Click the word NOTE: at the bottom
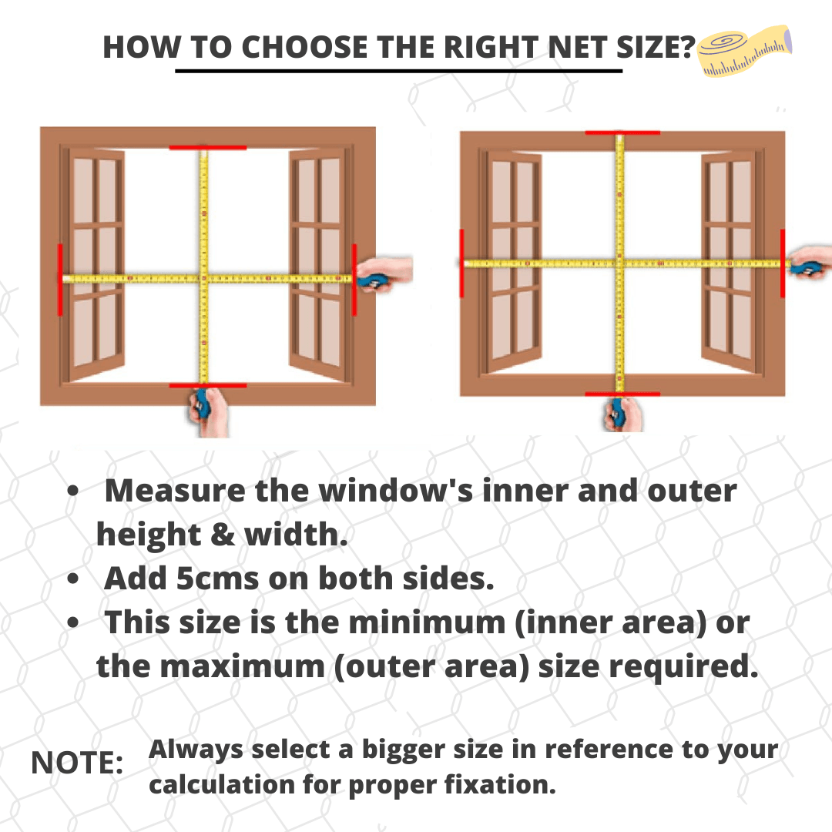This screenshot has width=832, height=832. [77, 763]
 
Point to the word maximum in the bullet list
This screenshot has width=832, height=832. [250, 667]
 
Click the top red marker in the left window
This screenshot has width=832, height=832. [207, 146]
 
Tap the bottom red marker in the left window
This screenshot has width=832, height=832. [207, 385]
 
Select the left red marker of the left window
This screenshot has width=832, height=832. [60, 279]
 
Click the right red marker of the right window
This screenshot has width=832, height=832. [782, 263]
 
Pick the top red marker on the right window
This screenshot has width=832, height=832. [622, 133]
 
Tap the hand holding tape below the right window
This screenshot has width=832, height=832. [620, 414]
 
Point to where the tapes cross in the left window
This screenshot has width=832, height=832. [204, 278]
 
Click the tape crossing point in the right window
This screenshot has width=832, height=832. [619, 263]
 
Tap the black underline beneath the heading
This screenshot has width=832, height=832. [398, 71]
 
